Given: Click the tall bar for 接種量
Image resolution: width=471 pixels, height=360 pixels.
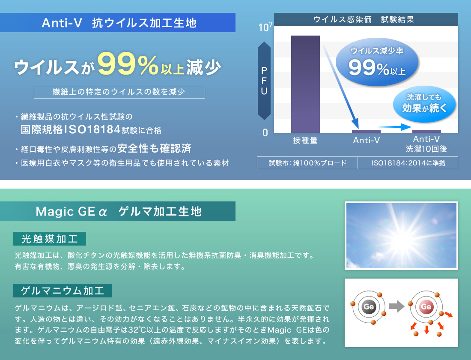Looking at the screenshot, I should [x=305, y=84].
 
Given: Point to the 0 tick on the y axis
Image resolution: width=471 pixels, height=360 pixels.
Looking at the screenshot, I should [x=265, y=133].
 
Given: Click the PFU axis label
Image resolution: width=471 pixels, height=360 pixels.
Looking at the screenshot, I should [x=264, y=81].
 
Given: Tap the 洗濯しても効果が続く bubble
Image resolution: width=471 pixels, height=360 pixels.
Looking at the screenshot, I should [x=424, y=103].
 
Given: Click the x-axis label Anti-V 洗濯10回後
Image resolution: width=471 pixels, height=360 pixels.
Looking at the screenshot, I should [x=426, y=144].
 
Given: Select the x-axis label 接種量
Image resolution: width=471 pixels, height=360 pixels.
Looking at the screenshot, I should [x=305, y=140].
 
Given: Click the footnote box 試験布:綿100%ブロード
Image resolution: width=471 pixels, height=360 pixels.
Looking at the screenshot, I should [x=307, y=163].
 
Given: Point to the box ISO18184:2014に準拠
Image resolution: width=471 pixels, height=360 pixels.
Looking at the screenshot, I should [x=408, y=163].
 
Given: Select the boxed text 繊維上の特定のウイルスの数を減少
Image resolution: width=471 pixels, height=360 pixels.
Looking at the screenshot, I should [x=119, y=92].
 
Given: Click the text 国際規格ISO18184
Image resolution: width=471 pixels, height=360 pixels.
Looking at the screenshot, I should [x=71, y=130].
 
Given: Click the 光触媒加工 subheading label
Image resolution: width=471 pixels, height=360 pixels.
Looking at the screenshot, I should [x=50, y=239].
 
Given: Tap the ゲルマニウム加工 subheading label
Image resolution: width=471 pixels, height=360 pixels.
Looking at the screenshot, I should [x=63, y=291].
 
